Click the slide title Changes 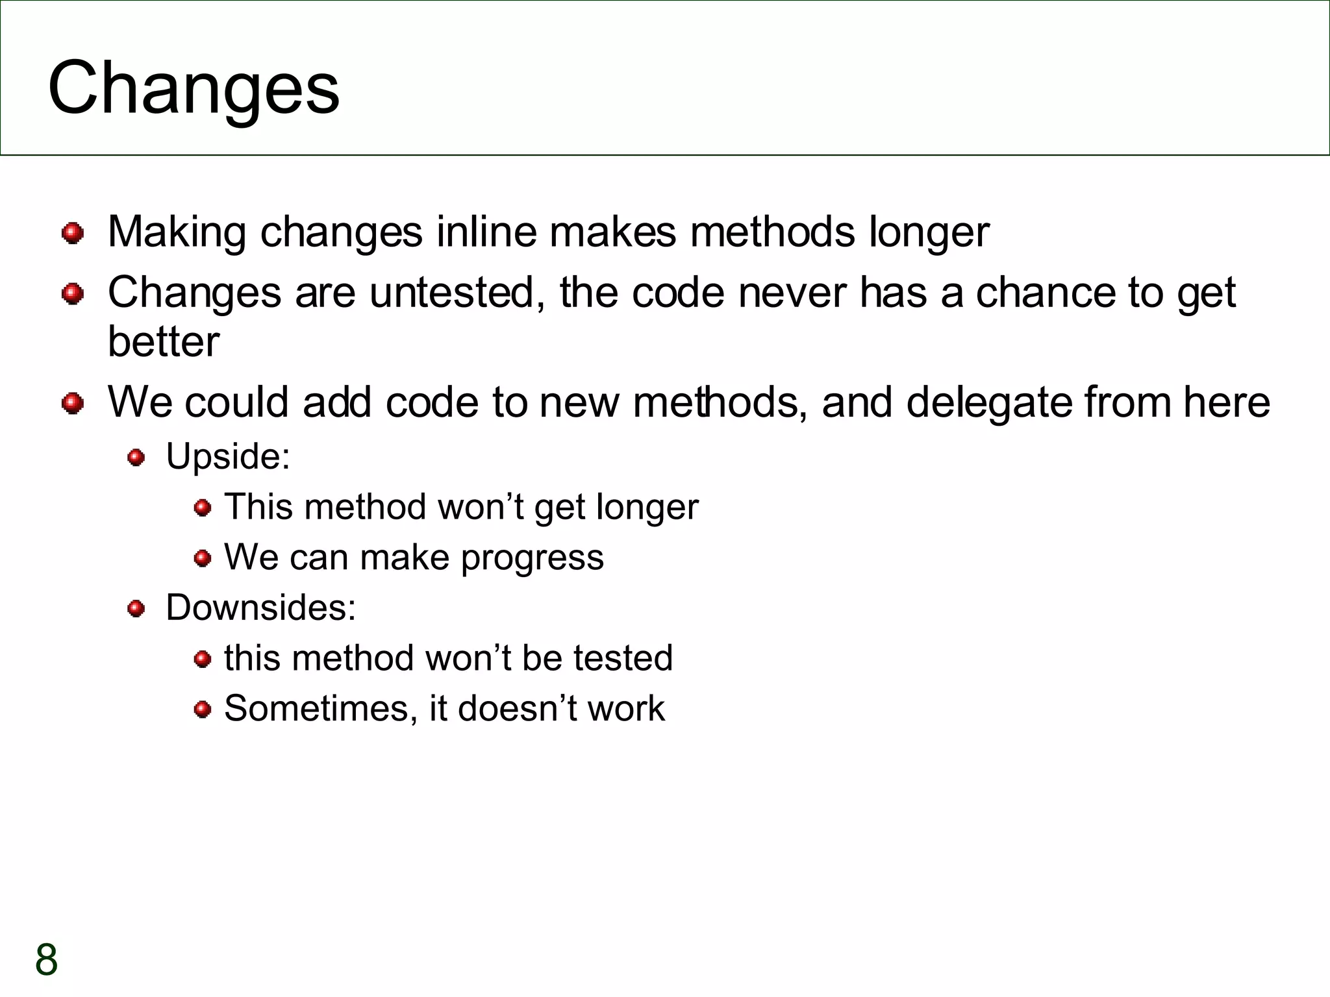[x=194, y=88]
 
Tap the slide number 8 [x=47, y=959]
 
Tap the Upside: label [x=228, y=456]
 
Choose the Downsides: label [x=261, y=608]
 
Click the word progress [x=533, y=558]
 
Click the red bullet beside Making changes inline [x=73, y=233]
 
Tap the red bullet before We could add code [x=73, y=403]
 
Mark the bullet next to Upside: [x=136, y=458]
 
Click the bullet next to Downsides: [x=136, y=609]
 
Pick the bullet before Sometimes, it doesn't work [x=203, y=709]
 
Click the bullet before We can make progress [x=203, y=558]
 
